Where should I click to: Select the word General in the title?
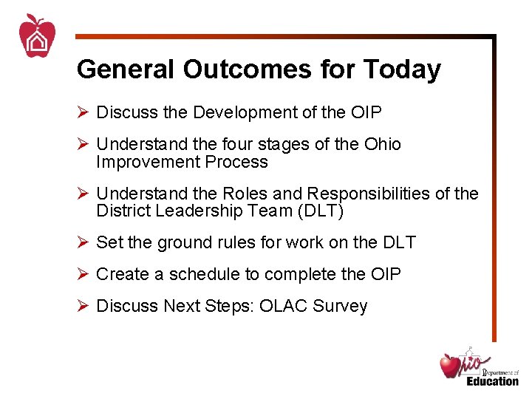[126, 69]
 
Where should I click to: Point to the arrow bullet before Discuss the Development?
[83, 112]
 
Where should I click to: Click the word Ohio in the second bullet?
[382, 144]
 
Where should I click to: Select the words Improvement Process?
[182, 162]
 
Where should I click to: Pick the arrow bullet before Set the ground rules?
[83, 242]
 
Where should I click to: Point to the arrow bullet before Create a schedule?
[83, 274]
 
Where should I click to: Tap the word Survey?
[343, 306]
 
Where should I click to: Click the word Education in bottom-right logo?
[492, 381]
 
